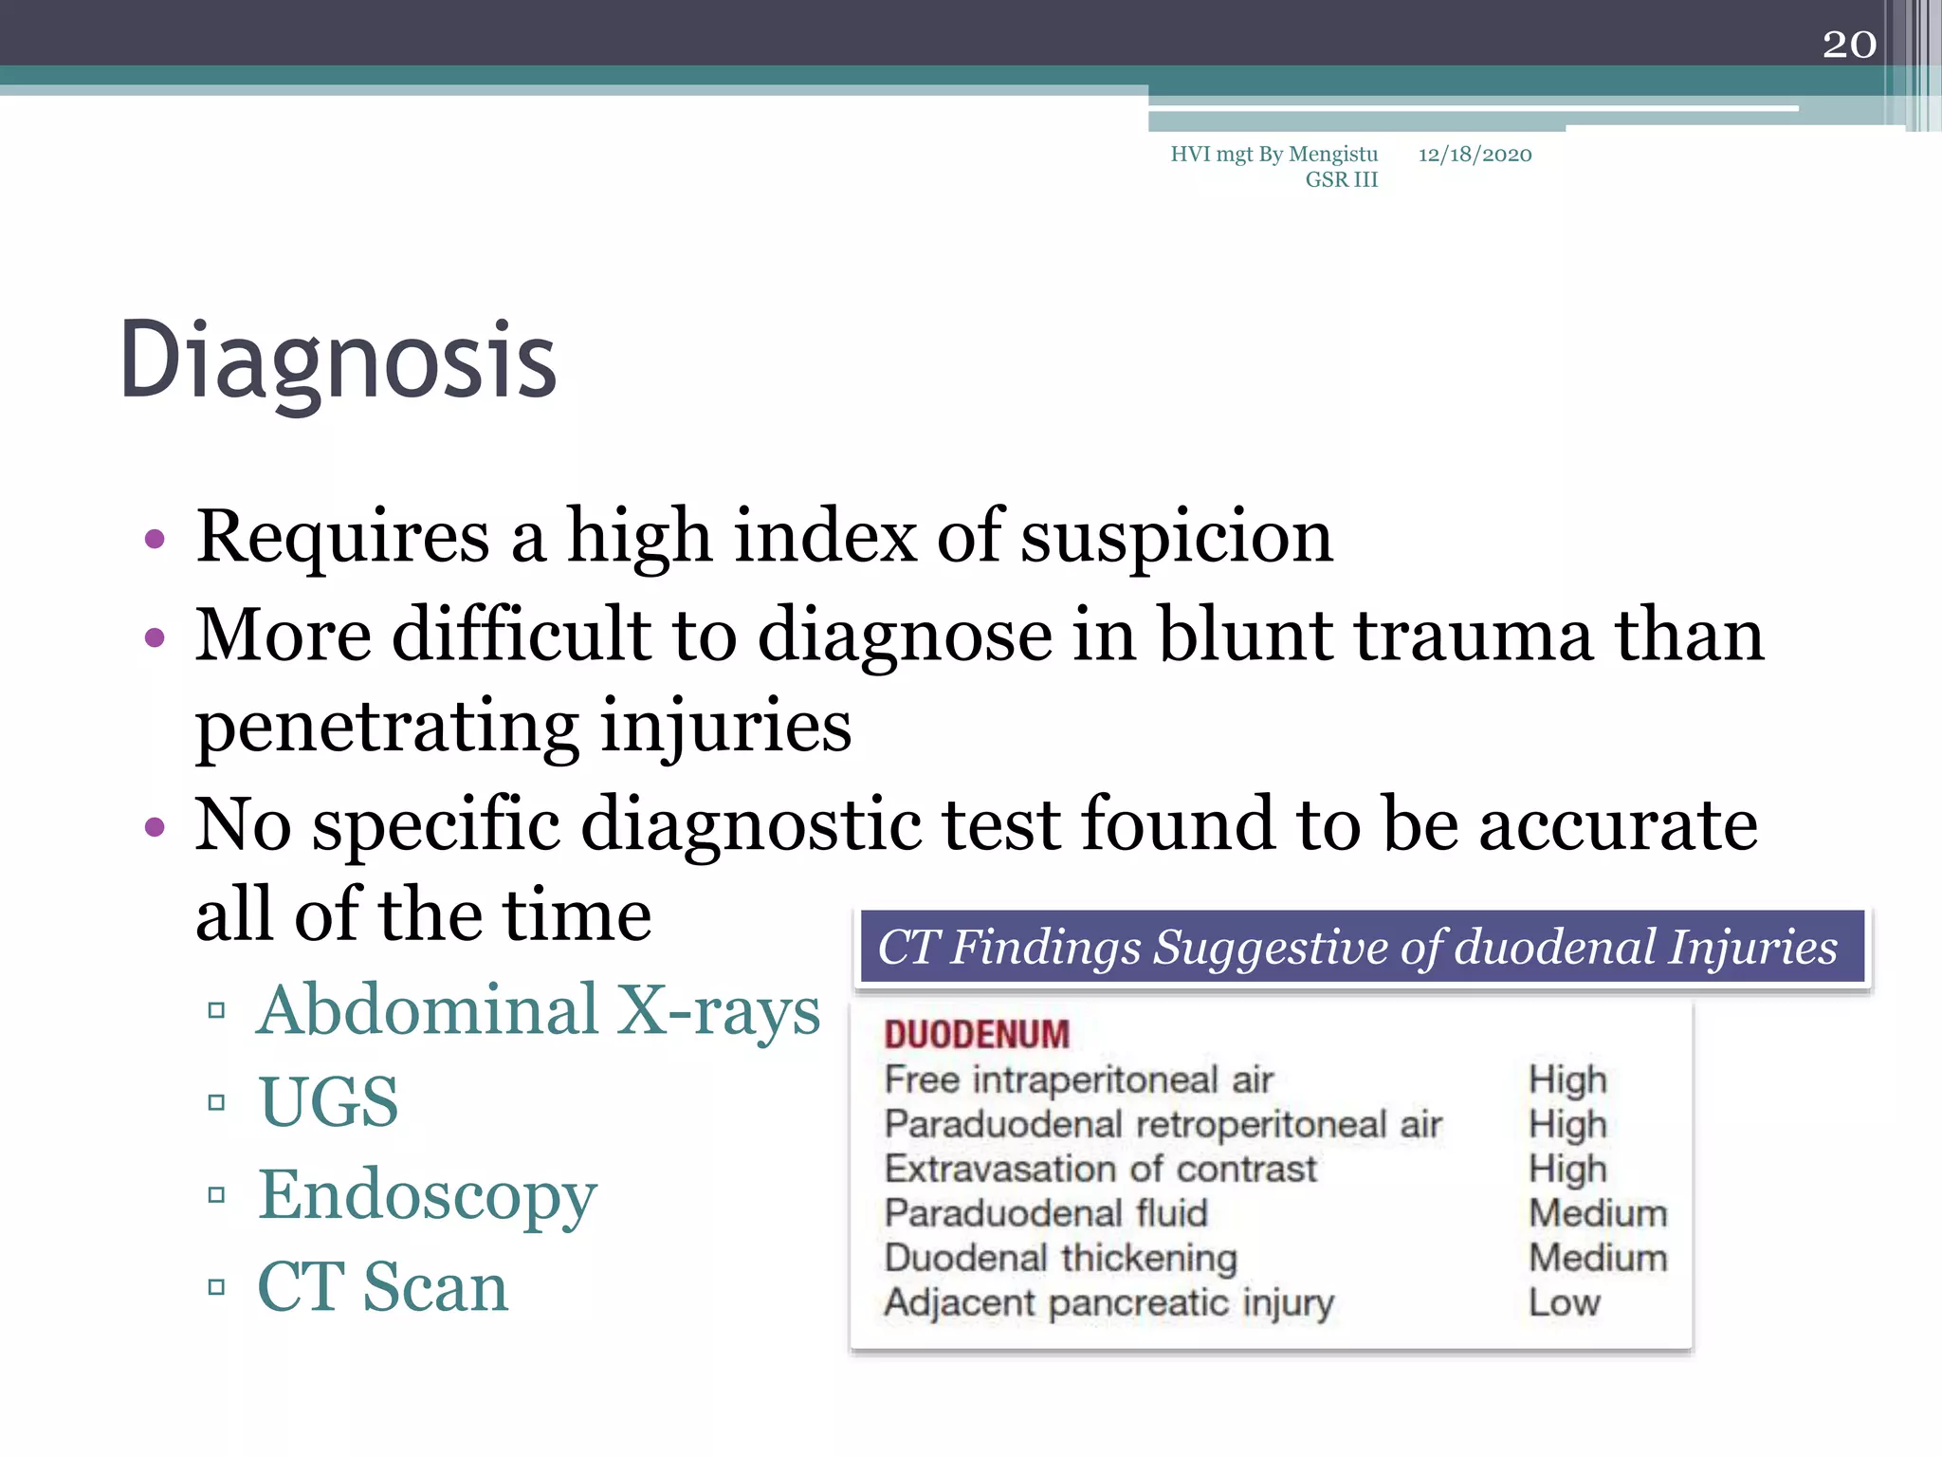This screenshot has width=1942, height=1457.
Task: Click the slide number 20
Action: pyautogui.click(x=1849, y=45)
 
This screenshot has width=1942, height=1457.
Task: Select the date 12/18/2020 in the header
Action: pyautogui.click(x=1475, y=155)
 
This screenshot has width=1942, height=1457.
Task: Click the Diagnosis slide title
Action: pyautogui.click(x=338, y=360)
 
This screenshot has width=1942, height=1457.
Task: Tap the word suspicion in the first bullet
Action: pyautogui.click(x=1177, y=537)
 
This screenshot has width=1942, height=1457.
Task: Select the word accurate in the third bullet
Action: pyautogui.click(x=1618, y=824)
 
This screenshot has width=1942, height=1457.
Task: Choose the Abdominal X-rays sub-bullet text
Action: pyautogui.click(x=539, y=1010)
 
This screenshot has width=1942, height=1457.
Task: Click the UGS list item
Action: pyautogui.click(x=328, y=1102)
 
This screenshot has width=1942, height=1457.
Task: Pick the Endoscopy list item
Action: pyautogui.click(x=428, y=1195)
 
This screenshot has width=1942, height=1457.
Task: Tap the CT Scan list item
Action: pyautogui.click(x=383, y=1287)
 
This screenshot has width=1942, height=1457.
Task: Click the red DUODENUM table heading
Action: pyautogui.click(x=977, y=1035)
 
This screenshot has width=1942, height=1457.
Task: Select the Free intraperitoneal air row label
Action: pyautogui.click(x=1078, y=1079)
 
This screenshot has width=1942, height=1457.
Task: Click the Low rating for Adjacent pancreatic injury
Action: pyautogui.click(x=1564, y=1302)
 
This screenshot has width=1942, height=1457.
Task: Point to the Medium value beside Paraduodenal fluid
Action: pyautogui.click(x=1598, y=1213)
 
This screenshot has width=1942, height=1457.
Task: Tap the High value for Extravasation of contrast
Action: pyautogui.click(x=1567, y=1169)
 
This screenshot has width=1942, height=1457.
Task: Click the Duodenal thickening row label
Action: pyautogui.click(x=1060, y=1258)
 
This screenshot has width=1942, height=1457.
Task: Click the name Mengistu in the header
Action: pyautogui.click(x=1332, y=155)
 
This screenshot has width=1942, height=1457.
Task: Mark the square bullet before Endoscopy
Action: pyautogui.click(x=216, y=1195)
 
